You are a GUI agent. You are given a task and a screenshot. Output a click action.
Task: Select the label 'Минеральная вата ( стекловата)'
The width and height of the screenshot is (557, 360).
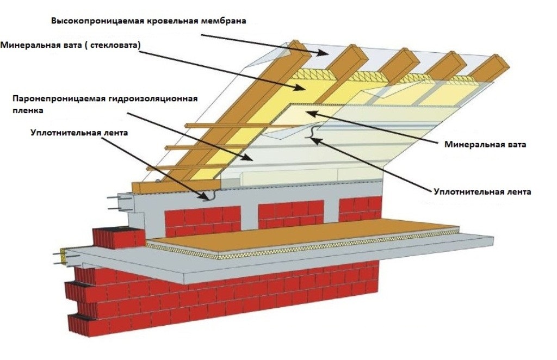coord(71,46)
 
